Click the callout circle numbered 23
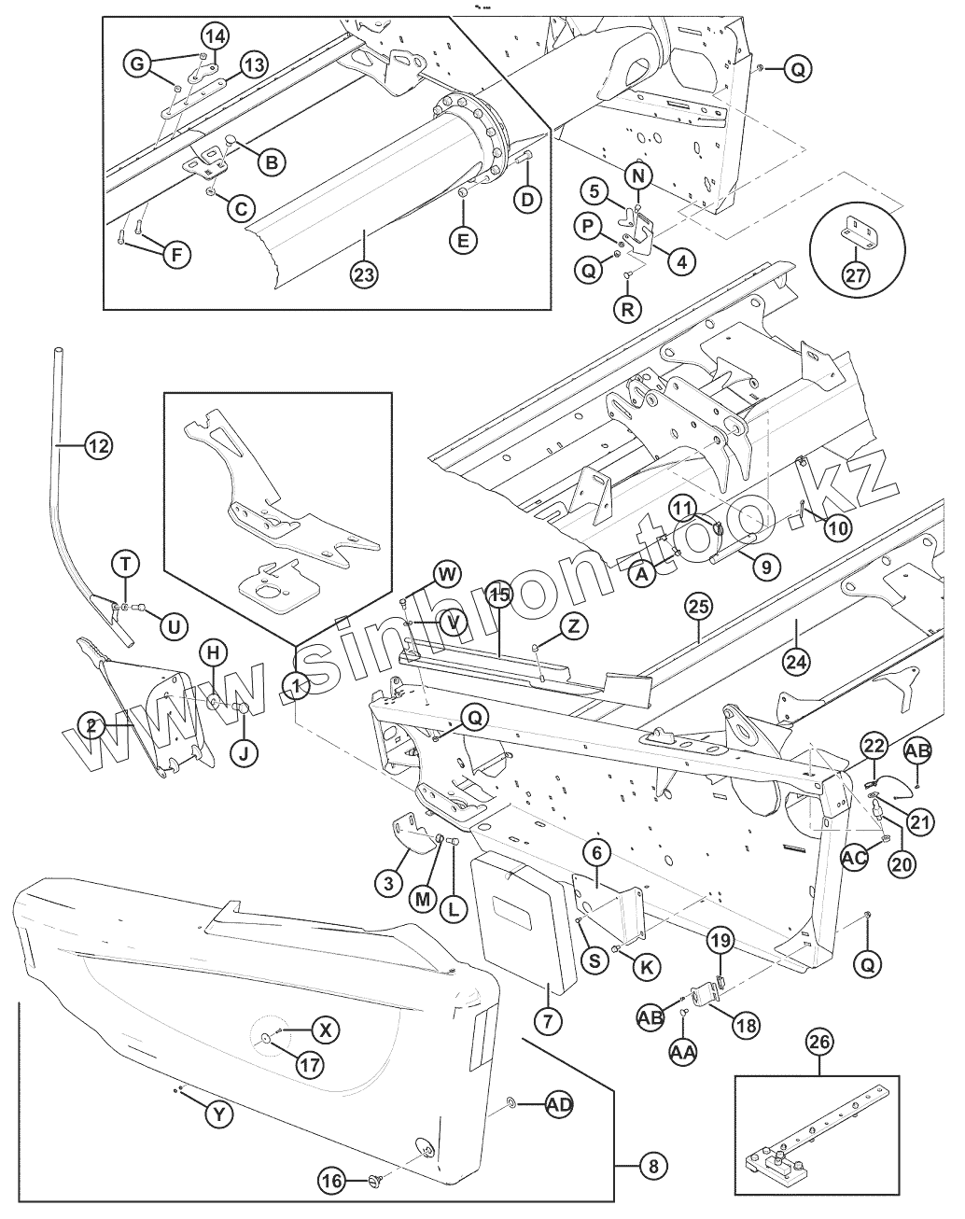pos(364,274)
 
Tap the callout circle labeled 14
pos(215,37)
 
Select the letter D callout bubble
pos(528,200)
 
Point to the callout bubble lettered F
pos(177,255)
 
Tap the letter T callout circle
pos(126,563)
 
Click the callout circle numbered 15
pos(498,594)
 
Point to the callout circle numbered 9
pos(764,564)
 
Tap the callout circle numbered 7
pos(548,1021)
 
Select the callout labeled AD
pos(559,1104)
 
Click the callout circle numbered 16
pos(332,1180)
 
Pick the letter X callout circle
pos(325,1030)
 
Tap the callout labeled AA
pos(683,1053)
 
